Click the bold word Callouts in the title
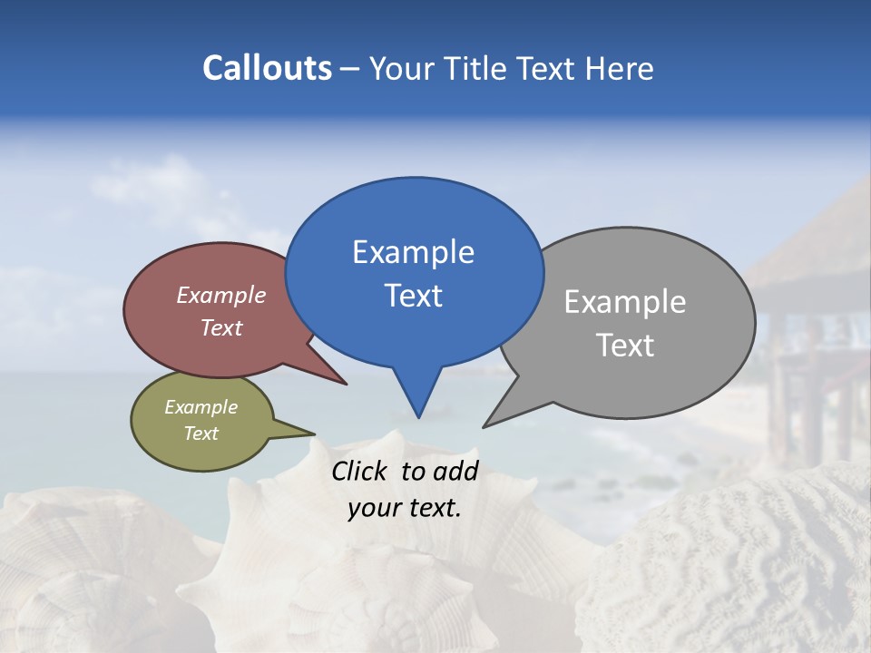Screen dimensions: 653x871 click(267, 68)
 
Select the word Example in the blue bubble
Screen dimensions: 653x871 click(413, 252)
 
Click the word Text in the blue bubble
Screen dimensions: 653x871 click(413, 296)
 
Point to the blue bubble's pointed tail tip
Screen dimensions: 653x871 click(418, 416)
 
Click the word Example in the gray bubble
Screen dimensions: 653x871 click(625, 301)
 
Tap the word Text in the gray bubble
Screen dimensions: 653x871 click(625, 345)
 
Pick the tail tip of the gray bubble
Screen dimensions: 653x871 click(484, 426)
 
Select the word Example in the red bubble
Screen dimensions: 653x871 click(221, 295)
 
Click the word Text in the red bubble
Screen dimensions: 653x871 click(221, 327)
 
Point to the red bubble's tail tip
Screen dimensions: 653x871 click(346, 384)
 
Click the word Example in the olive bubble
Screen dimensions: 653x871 click(201, 407)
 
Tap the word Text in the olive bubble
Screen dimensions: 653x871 click(201, 434)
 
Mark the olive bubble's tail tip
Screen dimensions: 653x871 click(314, 434)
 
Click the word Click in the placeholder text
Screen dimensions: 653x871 click(360, 471)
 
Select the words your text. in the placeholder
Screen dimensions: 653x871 click(405, 508)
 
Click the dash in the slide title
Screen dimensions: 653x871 click(351, 69)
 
